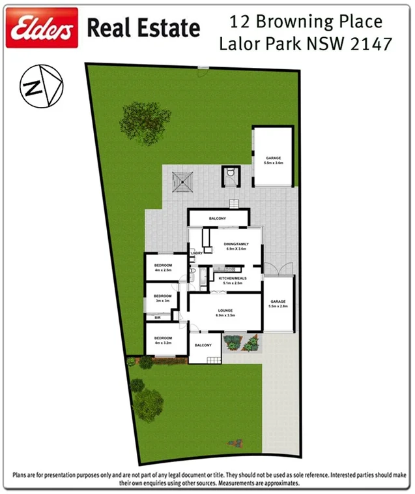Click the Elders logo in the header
click(42, 27)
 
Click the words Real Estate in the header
click(143, 28)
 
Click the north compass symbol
click(38, 84)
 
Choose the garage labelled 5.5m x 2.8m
click(279, 303)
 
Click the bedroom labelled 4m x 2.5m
click(162, 267)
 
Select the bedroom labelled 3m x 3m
click(162, 298)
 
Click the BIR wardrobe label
click(158, 318)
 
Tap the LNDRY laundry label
click(197, 253)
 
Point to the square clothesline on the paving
click(183, 181)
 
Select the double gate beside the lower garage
click(279, 269)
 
